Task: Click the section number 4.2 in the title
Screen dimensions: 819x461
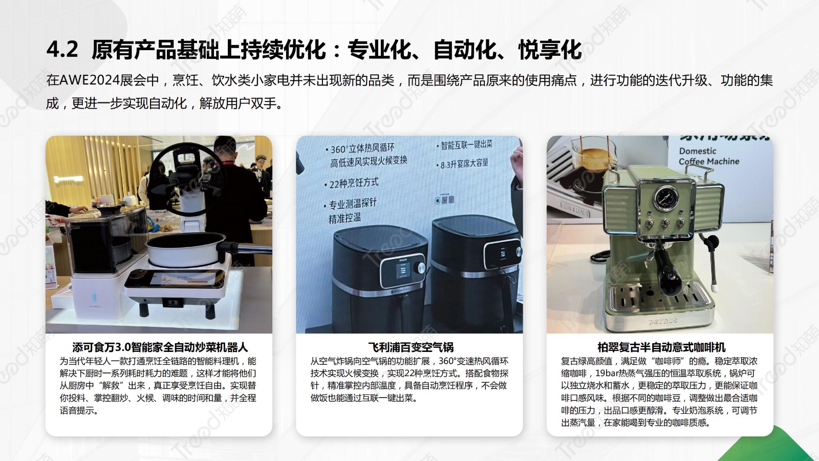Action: click(x=62, y=49)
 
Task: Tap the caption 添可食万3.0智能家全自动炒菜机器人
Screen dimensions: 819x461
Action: click(x=160, y=347)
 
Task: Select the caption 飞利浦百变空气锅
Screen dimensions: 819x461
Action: click(x=411, y=347)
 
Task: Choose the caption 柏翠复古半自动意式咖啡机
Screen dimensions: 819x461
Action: click(x=661, y=347)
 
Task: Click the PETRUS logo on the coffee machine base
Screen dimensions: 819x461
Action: click(x=662, y=321)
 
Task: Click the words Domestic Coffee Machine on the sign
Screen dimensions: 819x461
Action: click(x=708, y=156)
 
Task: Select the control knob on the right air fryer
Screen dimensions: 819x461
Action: click(x=518, y=252)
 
